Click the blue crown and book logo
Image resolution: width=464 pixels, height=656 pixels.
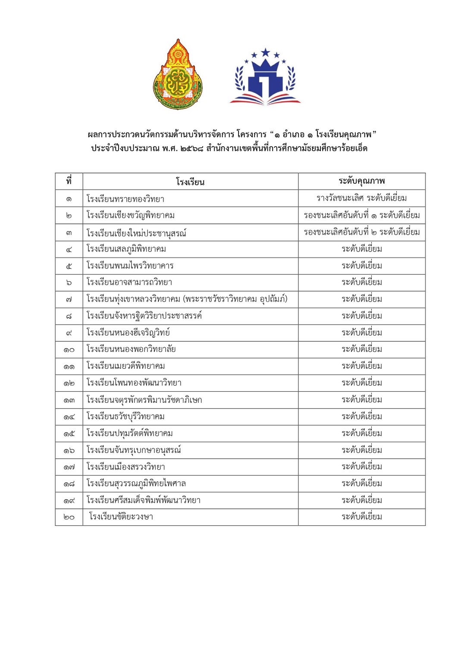(x=265, y=78)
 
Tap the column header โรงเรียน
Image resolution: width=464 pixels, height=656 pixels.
(x=190, y=182)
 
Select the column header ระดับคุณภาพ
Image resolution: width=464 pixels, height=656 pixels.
(x=361, y=181)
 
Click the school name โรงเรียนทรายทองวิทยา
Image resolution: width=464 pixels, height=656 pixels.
(x=125, y=199)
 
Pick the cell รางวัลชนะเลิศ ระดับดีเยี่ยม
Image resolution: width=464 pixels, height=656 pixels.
(x=361, y=198)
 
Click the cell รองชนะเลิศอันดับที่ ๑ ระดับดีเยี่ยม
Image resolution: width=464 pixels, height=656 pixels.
(x=361, y=215)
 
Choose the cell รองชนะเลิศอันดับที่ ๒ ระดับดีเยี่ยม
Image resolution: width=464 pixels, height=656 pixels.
(x=361, y=232)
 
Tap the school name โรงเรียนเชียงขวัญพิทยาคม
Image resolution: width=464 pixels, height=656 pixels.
(x=130, y=215)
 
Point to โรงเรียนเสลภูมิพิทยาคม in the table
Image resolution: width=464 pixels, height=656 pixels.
(x=126, y=249)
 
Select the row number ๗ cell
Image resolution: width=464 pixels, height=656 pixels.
(x=69, y=299)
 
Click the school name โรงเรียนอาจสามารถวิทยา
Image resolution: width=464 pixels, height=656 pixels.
(x=129, y=282)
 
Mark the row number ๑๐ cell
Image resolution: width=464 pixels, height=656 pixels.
(x=69, y=349)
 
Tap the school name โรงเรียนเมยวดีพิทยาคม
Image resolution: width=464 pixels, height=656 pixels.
(x=126, y=366)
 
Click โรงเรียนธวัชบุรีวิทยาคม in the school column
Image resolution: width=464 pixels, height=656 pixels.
(x=125, y=417)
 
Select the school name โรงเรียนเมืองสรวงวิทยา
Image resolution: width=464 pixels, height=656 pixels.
(x=126, y=467)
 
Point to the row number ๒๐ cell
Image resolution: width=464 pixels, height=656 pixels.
(x=69, y=517)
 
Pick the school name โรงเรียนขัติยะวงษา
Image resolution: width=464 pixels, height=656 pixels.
(x=121, y=517)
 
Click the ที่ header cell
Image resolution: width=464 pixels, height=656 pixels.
(x=69, y=181)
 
